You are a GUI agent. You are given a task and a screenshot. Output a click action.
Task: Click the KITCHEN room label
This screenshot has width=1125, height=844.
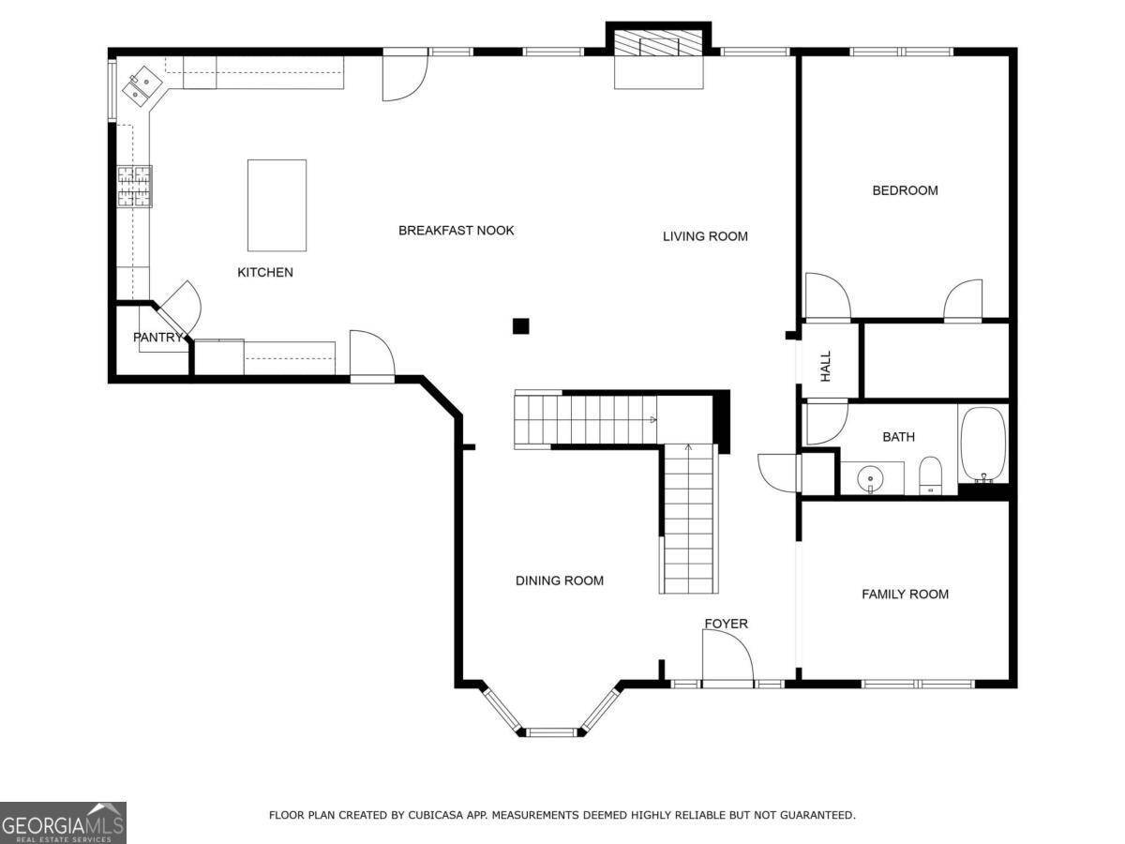coord(264,273)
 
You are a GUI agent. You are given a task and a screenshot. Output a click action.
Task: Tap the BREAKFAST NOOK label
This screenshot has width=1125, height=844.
coord(456,231)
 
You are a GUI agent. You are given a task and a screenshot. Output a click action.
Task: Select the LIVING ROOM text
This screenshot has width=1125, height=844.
coord(705,236)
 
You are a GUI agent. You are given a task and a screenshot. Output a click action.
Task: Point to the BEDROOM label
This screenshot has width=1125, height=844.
coord(905,190)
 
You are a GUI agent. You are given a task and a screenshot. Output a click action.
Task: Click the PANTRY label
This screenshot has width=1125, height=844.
coord(157,338)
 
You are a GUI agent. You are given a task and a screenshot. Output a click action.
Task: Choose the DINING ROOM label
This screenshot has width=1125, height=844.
coord(559,580)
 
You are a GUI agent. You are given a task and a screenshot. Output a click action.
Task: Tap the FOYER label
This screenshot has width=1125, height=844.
coord(726,624)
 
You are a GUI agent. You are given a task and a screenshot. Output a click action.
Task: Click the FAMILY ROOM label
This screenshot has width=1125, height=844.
coord(905,594)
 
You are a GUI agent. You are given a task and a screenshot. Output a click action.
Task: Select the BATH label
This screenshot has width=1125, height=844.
coord(898,437)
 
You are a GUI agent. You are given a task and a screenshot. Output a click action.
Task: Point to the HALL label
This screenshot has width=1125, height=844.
coord(826,366)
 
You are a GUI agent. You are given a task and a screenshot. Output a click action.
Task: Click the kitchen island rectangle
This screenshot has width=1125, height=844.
coord(277,205)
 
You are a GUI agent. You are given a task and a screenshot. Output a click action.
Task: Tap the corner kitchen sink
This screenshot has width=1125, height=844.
coord(143,83)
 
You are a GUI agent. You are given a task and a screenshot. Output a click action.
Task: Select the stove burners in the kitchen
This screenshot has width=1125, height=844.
coord(134,185)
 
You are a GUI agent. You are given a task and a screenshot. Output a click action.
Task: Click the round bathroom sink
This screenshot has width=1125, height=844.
coord(871,478)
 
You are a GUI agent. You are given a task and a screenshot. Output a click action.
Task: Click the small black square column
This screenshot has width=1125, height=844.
coord(520,326)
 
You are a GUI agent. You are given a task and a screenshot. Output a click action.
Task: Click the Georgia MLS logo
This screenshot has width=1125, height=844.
coord(63,822)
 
